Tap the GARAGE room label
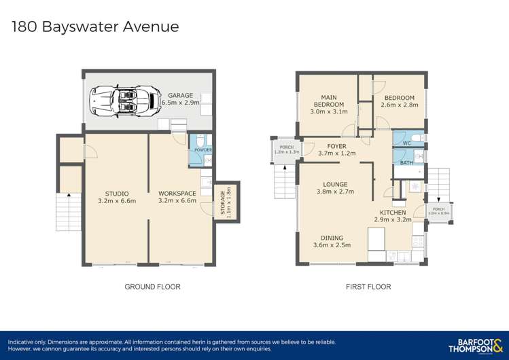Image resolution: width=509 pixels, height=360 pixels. tap(181, 95)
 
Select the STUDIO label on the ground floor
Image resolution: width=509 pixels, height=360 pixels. tap(117, 193)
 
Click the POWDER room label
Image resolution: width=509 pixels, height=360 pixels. tap(203, 149)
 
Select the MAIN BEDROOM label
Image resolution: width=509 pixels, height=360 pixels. tap(328, 100)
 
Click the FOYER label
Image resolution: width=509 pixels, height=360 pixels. tap(336, 145)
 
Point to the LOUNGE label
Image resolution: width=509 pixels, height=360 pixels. tap(336, 184)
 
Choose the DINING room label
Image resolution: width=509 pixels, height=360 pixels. tap(332, 237)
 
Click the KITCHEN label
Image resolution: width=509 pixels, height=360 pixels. tap(393, 213)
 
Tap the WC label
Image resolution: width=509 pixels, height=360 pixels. tap(406, 143)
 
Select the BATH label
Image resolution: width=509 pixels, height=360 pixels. tap(406, 163)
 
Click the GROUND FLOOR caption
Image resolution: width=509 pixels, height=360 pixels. tap(152, 287)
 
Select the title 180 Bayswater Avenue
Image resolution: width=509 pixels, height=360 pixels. tap(96, 26)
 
